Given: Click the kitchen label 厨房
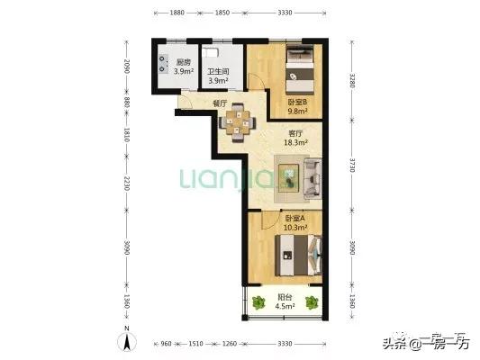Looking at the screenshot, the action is [184, 62].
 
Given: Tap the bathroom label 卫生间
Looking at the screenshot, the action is [218, 72].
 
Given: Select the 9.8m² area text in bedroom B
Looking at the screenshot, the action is [297, 111].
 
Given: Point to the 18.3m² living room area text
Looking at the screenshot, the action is [295, 142].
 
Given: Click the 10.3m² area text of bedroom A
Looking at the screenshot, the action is [295, 228].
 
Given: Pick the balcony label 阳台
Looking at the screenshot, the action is [285, 297].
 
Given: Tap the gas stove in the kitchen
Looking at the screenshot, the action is [163, 63].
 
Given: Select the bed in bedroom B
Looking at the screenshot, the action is [300, 69].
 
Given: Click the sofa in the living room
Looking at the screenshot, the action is [312, 178].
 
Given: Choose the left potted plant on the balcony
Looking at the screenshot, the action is [258, 302].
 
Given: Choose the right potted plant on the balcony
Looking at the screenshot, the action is [312, 302].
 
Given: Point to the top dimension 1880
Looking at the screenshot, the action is [177, 13].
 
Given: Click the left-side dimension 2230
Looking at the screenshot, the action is [126, 183].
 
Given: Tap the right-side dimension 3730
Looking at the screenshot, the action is [352, 166].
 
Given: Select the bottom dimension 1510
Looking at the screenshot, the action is [195, 344].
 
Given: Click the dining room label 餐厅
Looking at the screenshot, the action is [220, 103].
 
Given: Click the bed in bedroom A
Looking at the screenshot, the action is [298, 256].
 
